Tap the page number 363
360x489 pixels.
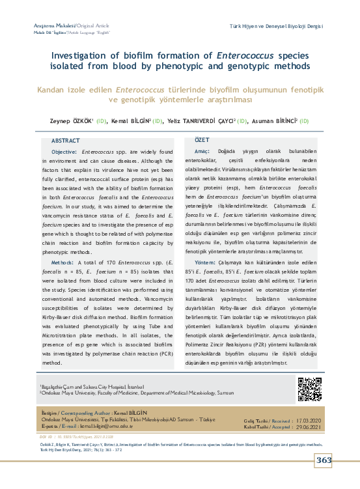(x=324, y=460)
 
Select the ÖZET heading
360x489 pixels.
(x=202, y=140)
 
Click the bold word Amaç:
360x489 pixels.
(x=202, y=150)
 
